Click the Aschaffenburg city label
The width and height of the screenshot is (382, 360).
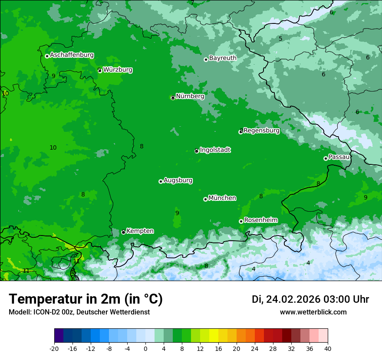72,55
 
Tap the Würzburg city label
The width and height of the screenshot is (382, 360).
118,69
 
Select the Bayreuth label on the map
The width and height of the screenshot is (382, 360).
223,58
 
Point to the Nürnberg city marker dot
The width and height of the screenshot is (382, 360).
173,98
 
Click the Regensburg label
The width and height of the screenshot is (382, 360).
261,130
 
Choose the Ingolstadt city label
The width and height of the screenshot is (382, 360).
215,150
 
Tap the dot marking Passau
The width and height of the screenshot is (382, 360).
326,158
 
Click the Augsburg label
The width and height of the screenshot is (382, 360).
178,180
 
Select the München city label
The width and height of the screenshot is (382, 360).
222,198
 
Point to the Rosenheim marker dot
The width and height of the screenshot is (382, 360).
241,221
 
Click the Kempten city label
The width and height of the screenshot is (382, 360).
140,231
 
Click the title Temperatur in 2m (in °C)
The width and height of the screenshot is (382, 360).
86,299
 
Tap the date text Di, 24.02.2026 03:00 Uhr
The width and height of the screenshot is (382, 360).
310,299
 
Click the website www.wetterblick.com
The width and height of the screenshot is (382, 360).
313,312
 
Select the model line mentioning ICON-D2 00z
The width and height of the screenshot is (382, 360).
79,312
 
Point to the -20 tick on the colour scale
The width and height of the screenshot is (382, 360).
54,348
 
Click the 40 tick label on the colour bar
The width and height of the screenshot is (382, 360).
328,348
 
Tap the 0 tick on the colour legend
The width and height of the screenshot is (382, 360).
145,348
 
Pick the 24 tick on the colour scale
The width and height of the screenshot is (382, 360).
255,348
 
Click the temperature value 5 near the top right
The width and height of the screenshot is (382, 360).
280,39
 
